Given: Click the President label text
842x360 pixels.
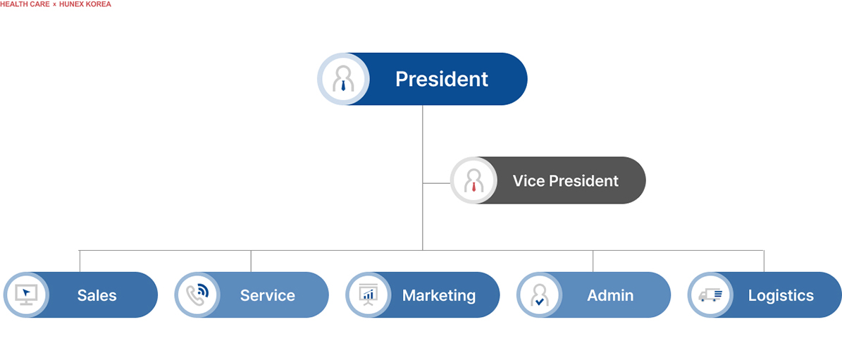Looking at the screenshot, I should [x=441, y=79].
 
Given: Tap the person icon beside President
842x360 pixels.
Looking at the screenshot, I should [x=343, y=79].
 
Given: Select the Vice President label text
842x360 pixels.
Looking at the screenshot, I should [x=565, y=181].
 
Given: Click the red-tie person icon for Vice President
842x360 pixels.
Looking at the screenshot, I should [x=474, y=181].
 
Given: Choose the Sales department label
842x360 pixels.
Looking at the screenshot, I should [x=97, y=295].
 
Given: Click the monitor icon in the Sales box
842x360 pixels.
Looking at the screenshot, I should [x=26, y=294].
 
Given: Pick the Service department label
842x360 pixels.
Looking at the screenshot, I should [x=267, y=295].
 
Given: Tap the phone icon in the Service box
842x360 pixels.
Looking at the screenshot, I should [x=198, y=294].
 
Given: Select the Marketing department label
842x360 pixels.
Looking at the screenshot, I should [x=438, y=295].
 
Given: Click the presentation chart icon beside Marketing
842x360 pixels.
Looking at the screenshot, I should [x=369, y=294].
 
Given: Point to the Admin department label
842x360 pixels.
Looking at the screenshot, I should [x=610, y=295].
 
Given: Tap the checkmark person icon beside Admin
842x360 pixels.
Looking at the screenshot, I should [x=539, y=294].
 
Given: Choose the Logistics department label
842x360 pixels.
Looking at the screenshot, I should [x=781, y=295].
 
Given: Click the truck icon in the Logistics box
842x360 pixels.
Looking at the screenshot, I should [x=711, y=294].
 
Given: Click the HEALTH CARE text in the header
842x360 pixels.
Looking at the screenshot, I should [x=24, y=4].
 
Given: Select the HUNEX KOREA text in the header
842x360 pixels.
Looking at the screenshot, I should [x=85, y=4].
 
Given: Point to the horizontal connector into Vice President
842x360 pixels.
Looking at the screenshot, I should [x=436, y=183].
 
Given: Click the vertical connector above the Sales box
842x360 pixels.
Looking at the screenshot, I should [x=80, y=261].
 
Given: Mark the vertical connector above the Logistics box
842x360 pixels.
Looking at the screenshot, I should [x=764, y=261].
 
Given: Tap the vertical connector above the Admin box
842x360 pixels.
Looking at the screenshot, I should [x=593, y=261].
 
